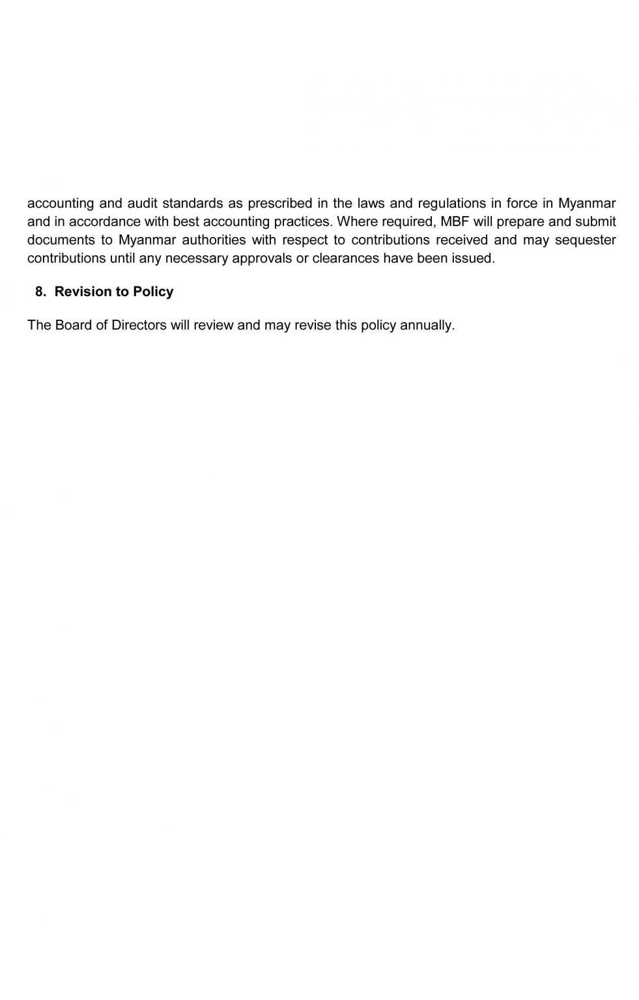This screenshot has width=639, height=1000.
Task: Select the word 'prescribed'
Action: point(280,203)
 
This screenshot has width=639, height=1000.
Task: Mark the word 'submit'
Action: point(596,221)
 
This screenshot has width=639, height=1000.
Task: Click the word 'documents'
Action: point(59,240)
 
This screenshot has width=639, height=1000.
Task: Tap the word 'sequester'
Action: point(585,240)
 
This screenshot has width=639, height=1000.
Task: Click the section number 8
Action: point(40,292)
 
